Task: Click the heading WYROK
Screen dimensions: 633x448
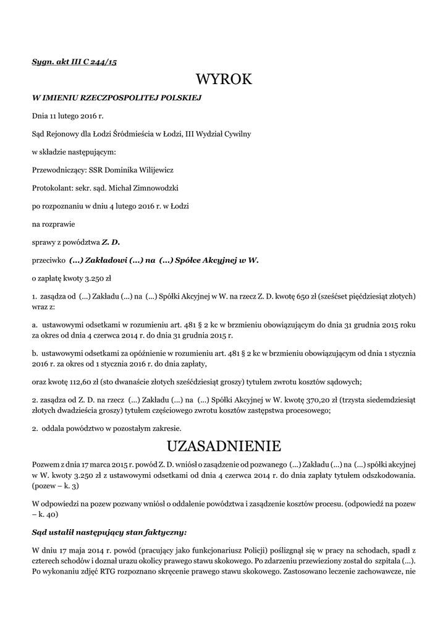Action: coord(224,80)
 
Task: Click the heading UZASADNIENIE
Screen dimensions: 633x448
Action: coord(224,446)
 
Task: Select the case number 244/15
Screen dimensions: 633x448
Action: coord(103,62)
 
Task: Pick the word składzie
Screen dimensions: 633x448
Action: coord(54,151)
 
